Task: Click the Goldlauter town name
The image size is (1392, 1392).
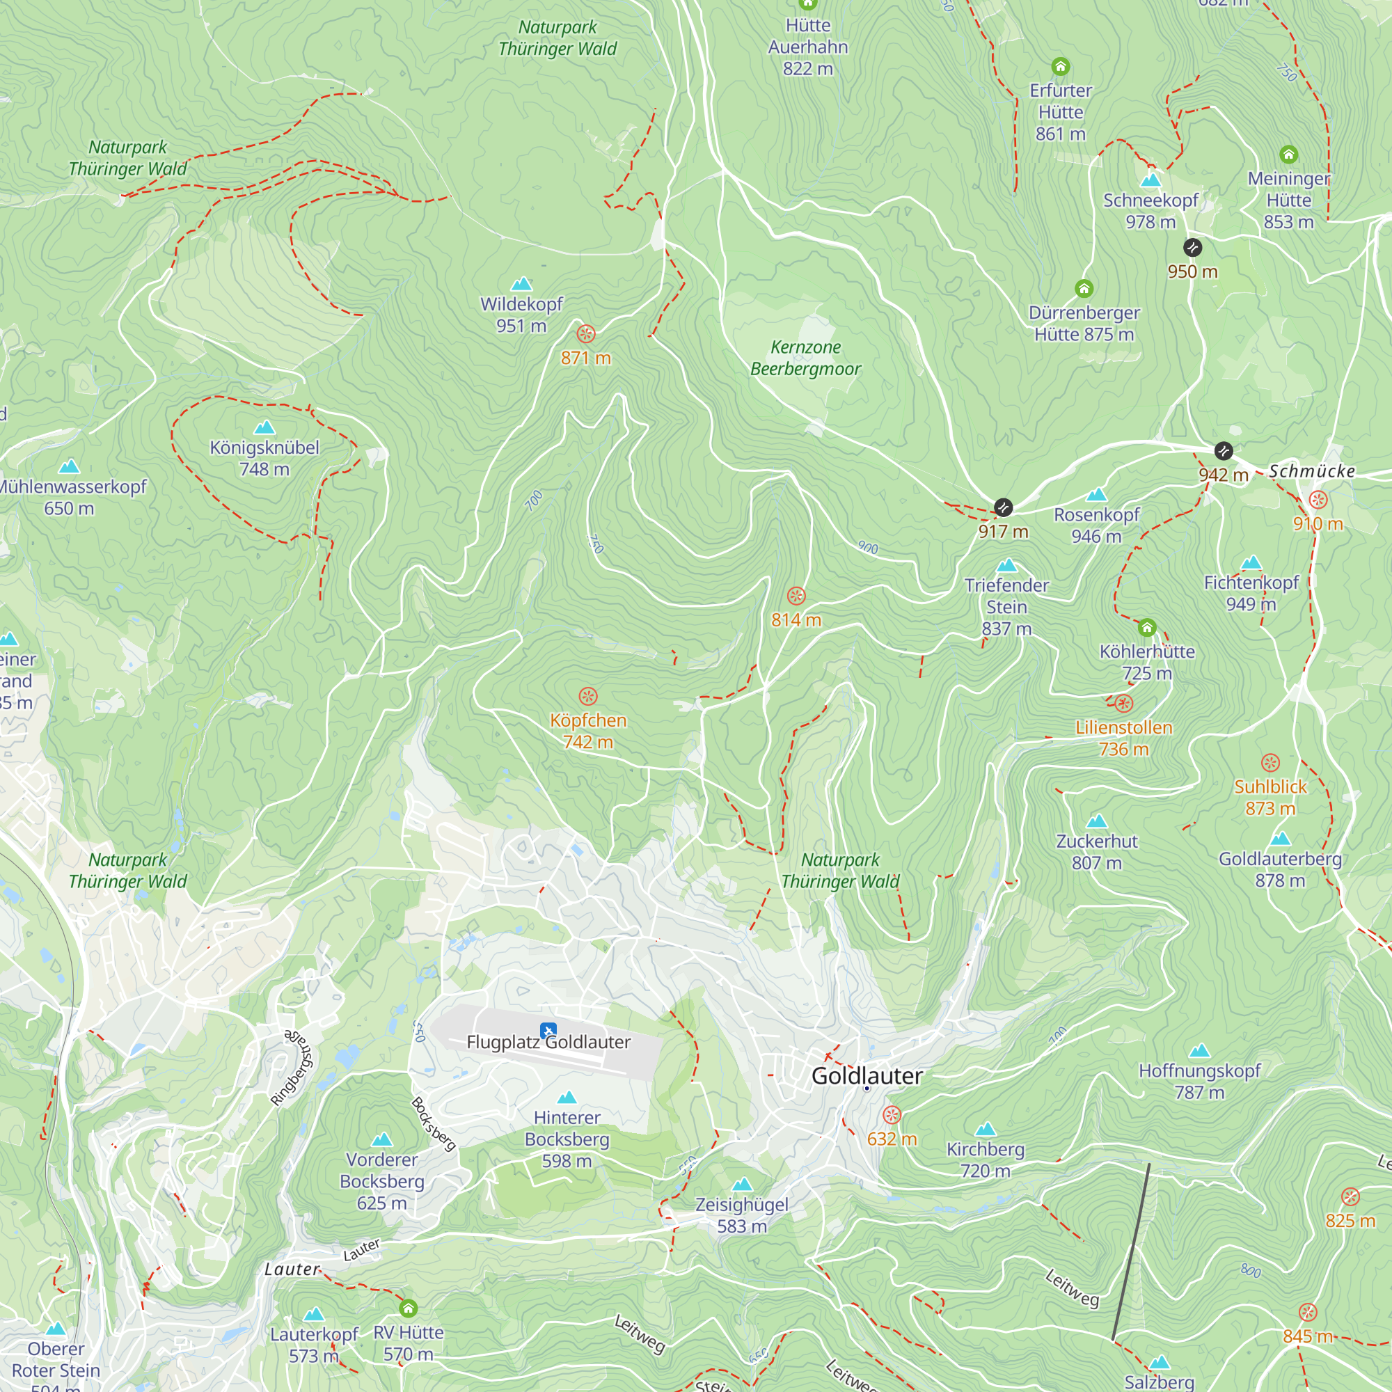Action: click(x=866, y=1076)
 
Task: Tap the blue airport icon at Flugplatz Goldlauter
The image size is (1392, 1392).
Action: click(x=548, y=1030)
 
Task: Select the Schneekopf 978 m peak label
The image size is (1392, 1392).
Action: click(x=1150, y=210)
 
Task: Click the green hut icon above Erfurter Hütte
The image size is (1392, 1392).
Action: click(x=1061, y=67)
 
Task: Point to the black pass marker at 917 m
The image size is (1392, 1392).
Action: click(x=1003, y=507)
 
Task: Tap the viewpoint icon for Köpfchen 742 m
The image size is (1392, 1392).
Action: click(x=588, y=696)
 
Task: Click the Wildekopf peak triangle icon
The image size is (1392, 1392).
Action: click(x=521, y=285)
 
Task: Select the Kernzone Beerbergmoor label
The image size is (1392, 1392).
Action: click(x=805, y=358)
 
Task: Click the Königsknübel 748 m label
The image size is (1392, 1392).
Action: click(x=264, y=457)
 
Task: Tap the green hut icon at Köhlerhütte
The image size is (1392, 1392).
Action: click(x=1147, y=628)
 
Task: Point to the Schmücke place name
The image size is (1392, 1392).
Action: click(x=1311, y=471)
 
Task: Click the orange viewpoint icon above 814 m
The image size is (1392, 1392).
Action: click(x=796, y=596)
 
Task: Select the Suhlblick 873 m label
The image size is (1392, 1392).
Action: click(x=1270, y=797)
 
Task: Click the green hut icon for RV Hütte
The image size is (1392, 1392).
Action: click(x=408, y=1308)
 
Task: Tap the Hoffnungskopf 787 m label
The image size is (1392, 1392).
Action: click(x=1199, y=1081)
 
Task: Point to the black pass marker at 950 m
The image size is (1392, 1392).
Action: click(x=1192, y=248)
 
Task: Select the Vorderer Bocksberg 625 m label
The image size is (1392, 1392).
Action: click(x=382, y=1181)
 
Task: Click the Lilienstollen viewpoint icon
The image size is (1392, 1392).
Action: click(x=1124, y=703)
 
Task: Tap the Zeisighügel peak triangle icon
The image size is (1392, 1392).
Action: click(x=742, y=1185)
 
